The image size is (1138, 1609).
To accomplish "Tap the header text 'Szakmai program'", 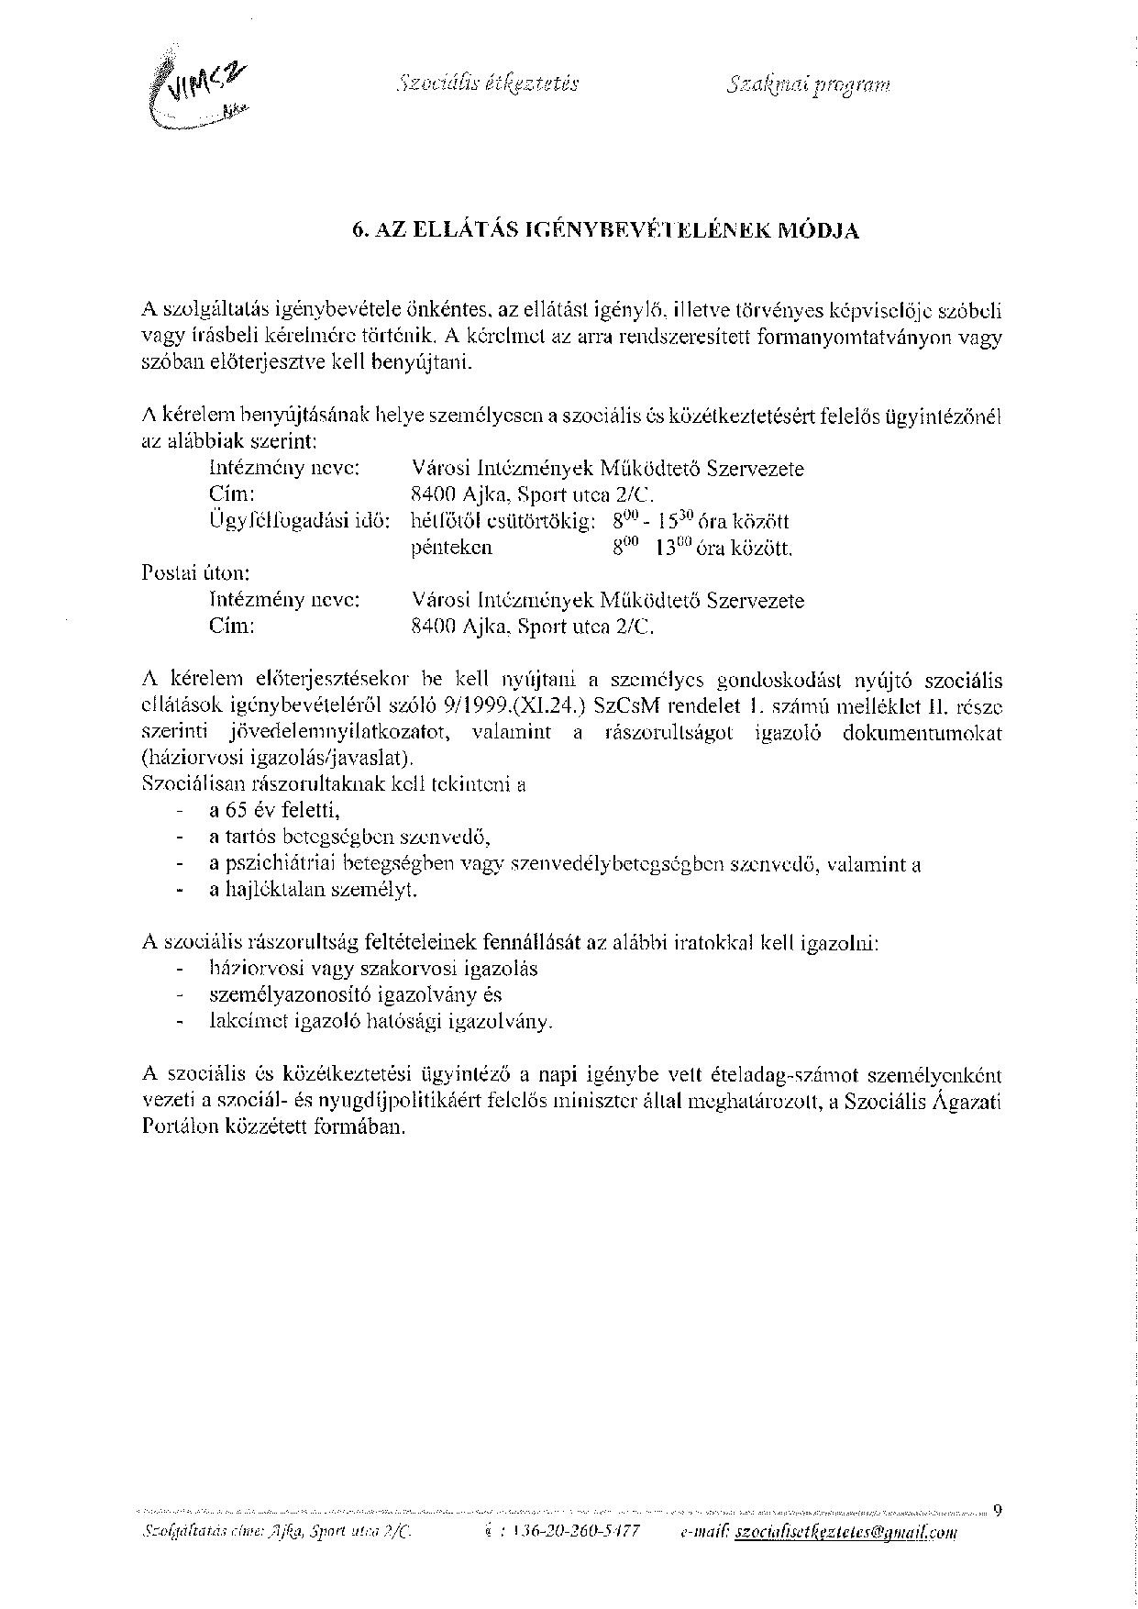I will tap(808, 85).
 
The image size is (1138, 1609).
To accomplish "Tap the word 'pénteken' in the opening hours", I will tap(452, 548).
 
